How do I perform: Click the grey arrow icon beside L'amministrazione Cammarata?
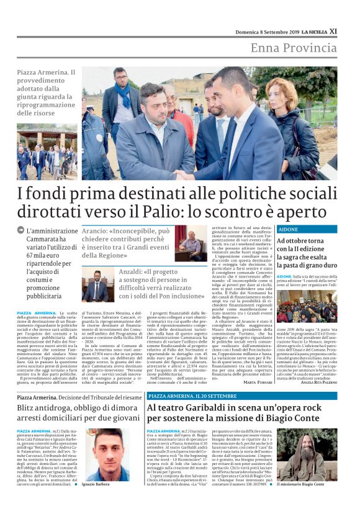(x=21, y=230)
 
